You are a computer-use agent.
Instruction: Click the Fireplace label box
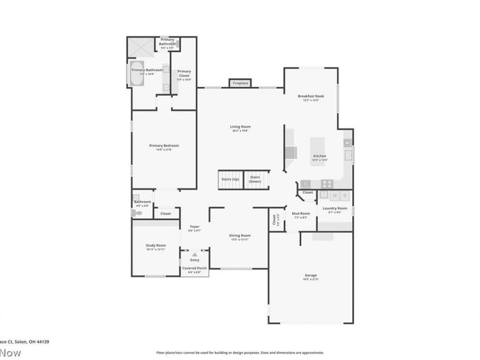click(241, 83)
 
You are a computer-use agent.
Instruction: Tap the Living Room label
click(240, 127)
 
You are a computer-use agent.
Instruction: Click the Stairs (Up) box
click(230, 179)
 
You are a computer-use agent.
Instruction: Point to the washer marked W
click(334, 196)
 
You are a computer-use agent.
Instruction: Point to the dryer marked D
click(345, 196)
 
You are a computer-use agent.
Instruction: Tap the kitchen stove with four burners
click(327, 184)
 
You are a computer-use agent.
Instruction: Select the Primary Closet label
click(184, 73)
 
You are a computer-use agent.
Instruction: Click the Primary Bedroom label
click(164, 146)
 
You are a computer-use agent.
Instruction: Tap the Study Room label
click(155, 245)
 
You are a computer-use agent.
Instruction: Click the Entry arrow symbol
click(194, 254)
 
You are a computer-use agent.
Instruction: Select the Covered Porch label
click(194, 268)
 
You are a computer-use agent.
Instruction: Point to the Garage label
click(310, 276)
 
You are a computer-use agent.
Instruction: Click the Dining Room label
click(239, 236)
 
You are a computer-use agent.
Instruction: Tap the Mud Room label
click(300, 214)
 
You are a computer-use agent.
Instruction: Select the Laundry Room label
click(335, 209)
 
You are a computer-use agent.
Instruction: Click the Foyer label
click(194, 227)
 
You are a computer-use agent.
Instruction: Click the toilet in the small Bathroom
click(135, 212)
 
